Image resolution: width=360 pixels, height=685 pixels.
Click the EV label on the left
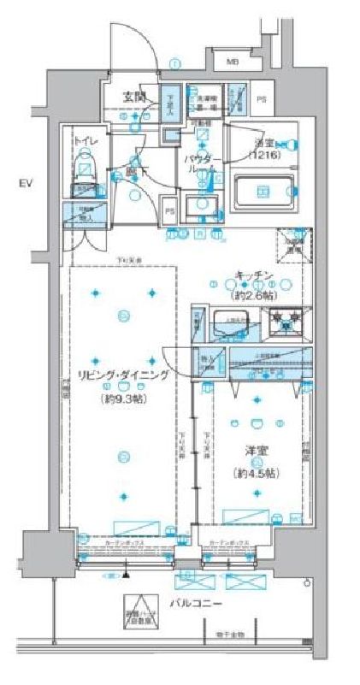(27, 182)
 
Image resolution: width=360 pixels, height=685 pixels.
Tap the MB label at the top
(233, 62)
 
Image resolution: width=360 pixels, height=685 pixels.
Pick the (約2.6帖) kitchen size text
(254, 294)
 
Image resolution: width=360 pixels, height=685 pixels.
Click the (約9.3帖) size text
(124, 398)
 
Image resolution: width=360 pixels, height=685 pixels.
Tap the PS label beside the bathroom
(262, 100)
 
